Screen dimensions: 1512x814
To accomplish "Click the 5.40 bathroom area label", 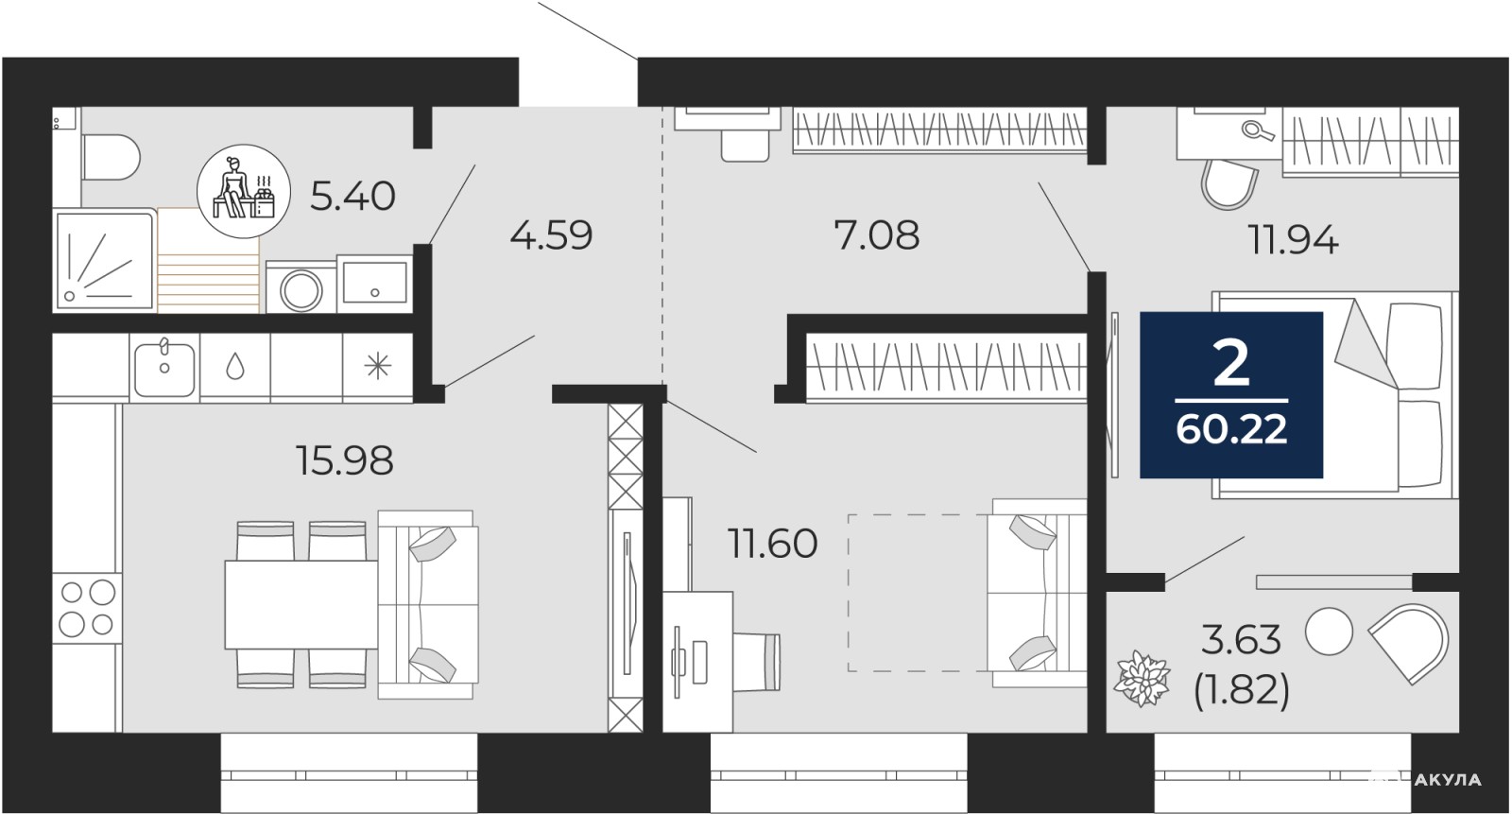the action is pyautogui.click(x=352, y=197).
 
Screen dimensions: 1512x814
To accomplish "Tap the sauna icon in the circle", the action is pyautogui.click(x=244, y=191).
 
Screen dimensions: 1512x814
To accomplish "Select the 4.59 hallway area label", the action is pyautogui.click(x=552, y=235).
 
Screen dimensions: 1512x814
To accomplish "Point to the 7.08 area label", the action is pyautogui.click(x=877, y=235).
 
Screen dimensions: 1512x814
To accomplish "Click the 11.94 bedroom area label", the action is pyautogui.click(x=1294, y=240).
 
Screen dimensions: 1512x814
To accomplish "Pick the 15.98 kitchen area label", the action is pyautogui.click(x=344, y=461).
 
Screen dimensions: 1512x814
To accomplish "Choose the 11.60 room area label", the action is pyautogui.click(x=773, y=544).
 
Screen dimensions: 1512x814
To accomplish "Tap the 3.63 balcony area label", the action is pyautogui.click(x=1241, y=640).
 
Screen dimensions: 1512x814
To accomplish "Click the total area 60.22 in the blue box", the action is pyautogui.click(x=1232, y=429).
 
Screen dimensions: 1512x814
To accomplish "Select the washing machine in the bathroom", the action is pyautogui.click(x=301, y=287).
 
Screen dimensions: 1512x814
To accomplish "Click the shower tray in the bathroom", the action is pyautogui.click(x=105, y=261).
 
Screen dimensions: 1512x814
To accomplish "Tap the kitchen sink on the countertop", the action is pyautogui.click(x=164, y=369).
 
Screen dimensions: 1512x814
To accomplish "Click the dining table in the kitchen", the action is pyautogui.click(x=301, y=604).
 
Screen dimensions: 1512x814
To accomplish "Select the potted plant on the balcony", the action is pyautogui.click(x=1142, y=678).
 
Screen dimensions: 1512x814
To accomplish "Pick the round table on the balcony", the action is pyautogui.click(x=1329, y=631).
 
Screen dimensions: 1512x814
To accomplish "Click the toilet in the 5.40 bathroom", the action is pyautogui.click(x=110, y=157).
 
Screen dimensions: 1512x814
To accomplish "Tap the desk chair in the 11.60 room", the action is pyautogui.click(x=757, y=662).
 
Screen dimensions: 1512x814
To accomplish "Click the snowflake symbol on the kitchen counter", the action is pyautogui.click(x=377, y=366).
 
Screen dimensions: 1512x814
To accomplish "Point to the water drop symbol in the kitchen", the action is pyautogui.click(x=235, y=367).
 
